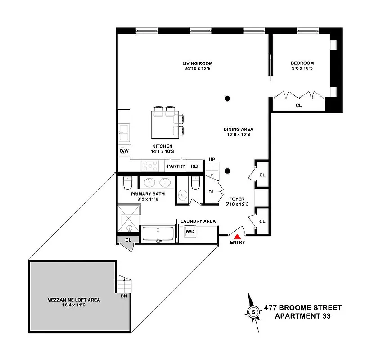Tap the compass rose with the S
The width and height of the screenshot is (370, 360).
pyautogui.click(x=253, y=311)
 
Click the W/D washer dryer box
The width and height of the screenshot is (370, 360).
pyautogui.click(x=190, y=231)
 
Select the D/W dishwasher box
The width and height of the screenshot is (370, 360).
pyautogui.click(x=124, y=151)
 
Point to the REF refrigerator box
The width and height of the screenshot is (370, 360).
pyautogui.click(x=195, y=166)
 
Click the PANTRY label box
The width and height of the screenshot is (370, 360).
pyautogui.click(x=176, y=166)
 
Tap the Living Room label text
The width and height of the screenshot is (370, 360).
pyautogui.click(x=197, y=63)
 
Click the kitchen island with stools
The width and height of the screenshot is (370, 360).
pyautogui.click(x=163, y=124)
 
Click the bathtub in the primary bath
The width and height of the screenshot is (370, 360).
pyautogui.click(x=158, y=234)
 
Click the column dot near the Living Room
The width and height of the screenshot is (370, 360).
pyautogui.click(x=228, y=99)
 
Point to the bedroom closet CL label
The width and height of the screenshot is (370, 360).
pyautogui.click(x=298, y=106)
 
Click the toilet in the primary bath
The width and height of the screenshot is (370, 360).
pyautogui.click(x=127, y=184)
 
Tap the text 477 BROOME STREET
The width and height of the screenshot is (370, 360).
pyautogui.click(x=302, y=308)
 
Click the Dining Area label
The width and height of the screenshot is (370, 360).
pyautogui.click(x=238, y=130)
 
